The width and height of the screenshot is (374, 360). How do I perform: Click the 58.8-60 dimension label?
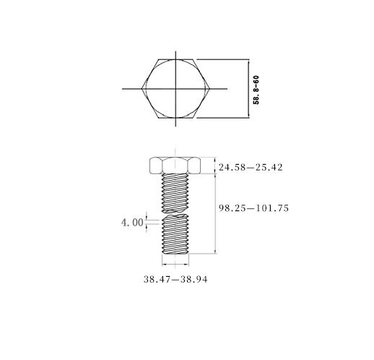click(x=256, y=90)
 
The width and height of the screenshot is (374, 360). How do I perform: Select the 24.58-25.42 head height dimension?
click(x=251, y=167)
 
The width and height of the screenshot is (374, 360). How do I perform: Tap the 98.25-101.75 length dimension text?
click(x=253, y=208)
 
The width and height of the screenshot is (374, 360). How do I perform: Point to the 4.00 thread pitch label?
click(x=132, y=223)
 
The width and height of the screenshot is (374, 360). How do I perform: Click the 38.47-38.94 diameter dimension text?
click(x=175, y=280)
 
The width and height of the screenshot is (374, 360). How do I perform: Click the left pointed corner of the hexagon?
click(x=142, y=89)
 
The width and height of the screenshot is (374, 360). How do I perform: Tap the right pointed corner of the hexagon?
click(x=210, y=89)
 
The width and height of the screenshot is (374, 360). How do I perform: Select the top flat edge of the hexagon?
click(x=175, y=59)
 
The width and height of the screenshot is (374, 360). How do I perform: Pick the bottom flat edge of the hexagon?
click(x=175, y=118)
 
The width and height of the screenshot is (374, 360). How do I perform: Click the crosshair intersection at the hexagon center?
click(x=175, y=89)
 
